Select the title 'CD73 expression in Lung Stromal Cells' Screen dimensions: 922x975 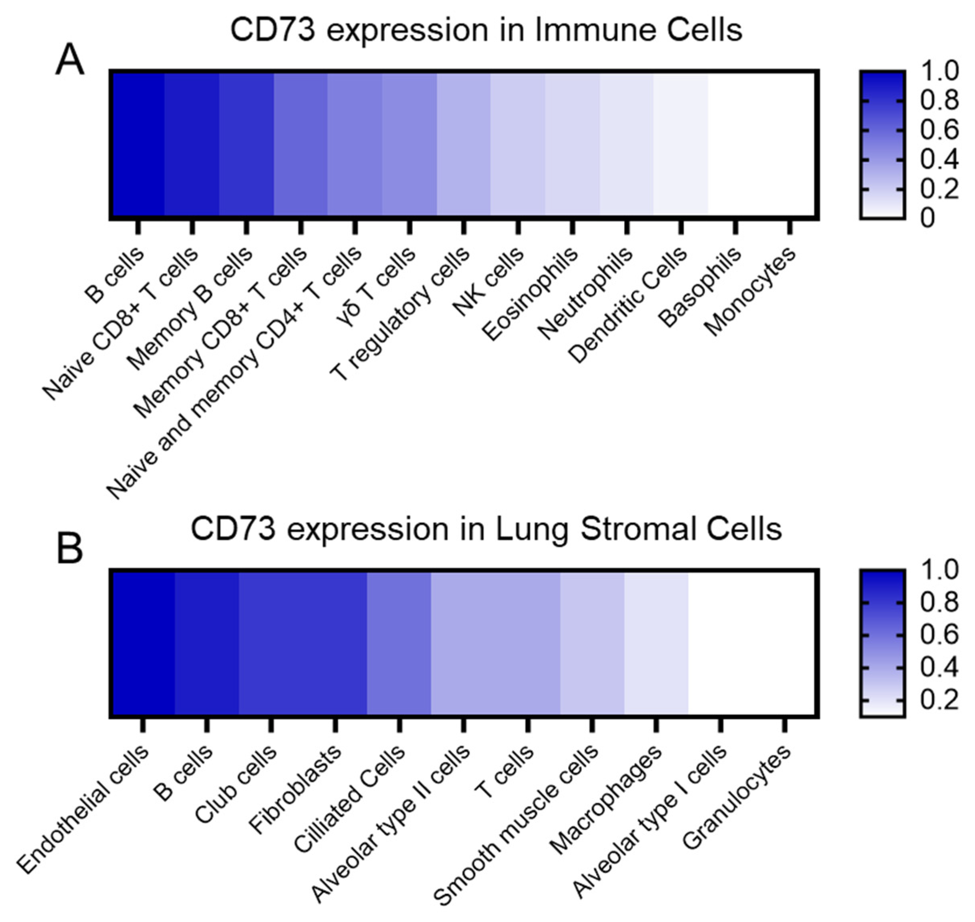[x=486, y=529]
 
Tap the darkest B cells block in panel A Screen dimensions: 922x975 [x=138, y=144]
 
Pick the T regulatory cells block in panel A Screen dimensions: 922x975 [x=463, y=144]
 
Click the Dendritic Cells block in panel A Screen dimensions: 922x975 [x=681, y=144]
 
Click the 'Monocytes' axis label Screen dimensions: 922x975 [x=750, y=291]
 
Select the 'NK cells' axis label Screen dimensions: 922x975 [x=488, y=281]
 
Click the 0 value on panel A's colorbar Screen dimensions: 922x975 [x=927, y=217]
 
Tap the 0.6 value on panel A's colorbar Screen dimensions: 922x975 [x=939, y=130]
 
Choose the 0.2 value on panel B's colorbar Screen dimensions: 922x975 [x=939, y=699]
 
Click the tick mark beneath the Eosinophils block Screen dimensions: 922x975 [x=572, y=227]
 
